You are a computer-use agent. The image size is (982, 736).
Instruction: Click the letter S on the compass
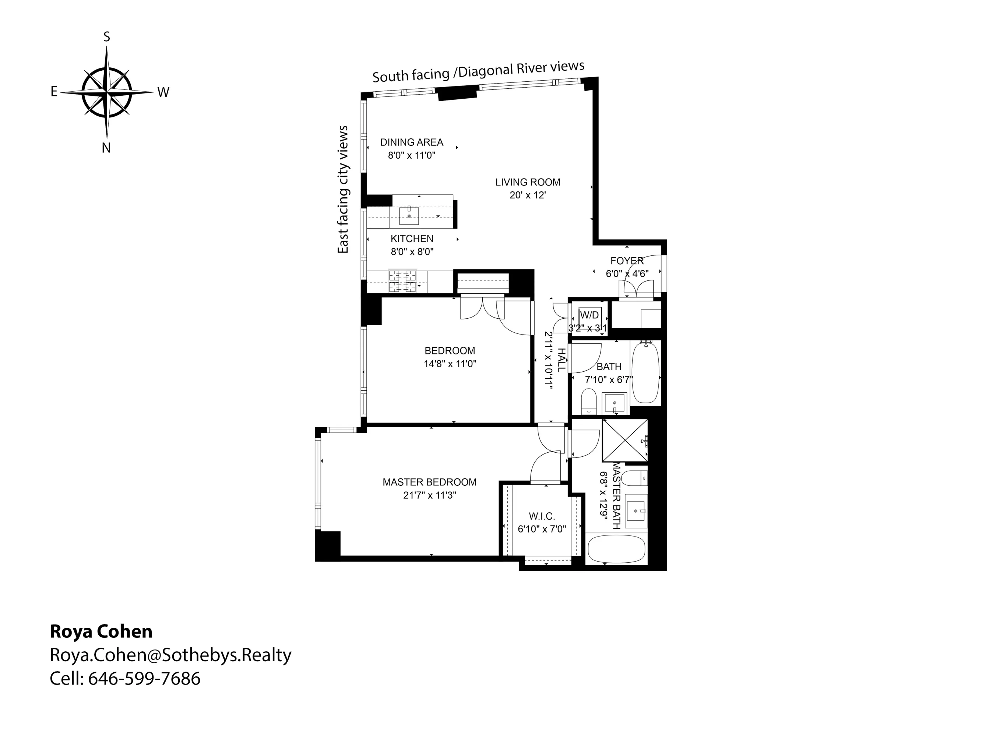(x=106, y=37)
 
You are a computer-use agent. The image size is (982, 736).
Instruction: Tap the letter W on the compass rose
(x=163, y=92)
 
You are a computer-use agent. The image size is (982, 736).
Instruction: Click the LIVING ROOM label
(x=527, y=182)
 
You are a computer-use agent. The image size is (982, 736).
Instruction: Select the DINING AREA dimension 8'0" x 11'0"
(x=412, y=155)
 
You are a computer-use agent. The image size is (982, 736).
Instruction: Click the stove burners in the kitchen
(x=402, y=281)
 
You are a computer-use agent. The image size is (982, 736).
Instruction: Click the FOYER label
(x=626, y=261)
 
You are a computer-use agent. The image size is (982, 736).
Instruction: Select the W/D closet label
(x=589, y=315)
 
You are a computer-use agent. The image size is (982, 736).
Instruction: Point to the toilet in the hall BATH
(x=589, y=401)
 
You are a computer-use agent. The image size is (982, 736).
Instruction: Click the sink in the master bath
(x=636, y=511)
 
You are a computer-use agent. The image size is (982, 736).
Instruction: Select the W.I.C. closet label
(x=542, y=516)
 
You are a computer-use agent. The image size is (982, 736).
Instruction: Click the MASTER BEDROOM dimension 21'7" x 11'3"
(x=429, y=495)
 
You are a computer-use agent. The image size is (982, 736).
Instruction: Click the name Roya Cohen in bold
(x=101, y=631)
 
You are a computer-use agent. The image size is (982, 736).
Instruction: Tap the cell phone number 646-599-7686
(x=144, y=679)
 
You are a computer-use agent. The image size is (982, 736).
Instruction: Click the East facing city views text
(x=343, y=190)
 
